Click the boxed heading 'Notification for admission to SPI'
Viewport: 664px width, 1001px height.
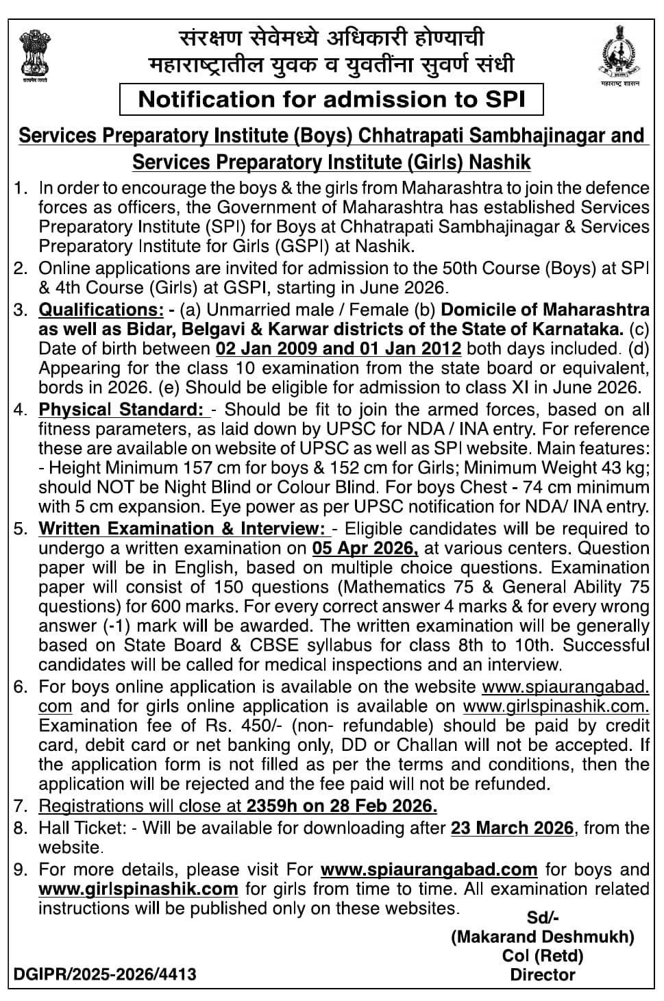coord(332,99)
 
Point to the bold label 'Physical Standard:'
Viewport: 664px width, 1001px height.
coord(123,410)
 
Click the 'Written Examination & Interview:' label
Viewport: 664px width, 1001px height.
coord(182,529)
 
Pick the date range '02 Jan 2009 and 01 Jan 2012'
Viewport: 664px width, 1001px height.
coord(339,349)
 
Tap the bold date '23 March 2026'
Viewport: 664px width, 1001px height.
coord(512,828)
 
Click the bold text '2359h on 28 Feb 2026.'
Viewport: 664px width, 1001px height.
coord(342,806)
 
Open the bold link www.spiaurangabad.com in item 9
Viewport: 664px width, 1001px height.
coord(429,870)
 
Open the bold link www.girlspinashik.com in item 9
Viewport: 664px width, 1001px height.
coord(138,889)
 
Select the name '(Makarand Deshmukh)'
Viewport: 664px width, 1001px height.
coord(542,937)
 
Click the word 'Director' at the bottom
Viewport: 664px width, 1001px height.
coord(543,975)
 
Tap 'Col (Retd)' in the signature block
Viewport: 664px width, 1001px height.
coord(543,956)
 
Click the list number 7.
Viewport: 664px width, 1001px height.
coord(19,806)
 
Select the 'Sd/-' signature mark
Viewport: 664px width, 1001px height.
coord(542,917)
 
